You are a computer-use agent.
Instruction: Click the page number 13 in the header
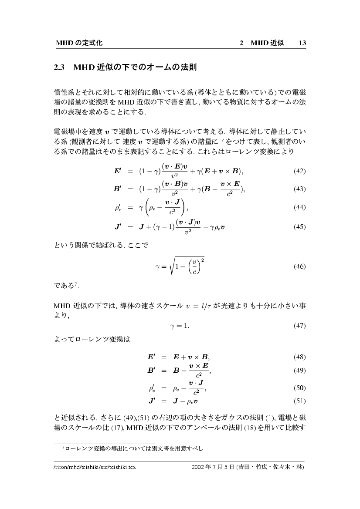[x=302, y=43]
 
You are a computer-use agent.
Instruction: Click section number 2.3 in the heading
[x=59, y=68]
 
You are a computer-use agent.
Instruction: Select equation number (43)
[x=299, y=189]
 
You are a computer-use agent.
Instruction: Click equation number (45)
[x=299, y=227]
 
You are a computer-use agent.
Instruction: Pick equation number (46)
[x=299, y=266]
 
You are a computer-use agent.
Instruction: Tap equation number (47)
[x=299, y=326]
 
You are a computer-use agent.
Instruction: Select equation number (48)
[x=299, y=357]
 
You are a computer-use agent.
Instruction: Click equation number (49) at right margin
[x=299, y=371]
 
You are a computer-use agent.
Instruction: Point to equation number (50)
[x=299, y=388]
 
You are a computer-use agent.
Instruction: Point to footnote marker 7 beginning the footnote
[x=64, y=447]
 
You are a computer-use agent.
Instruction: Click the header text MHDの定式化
[x=79, y=43]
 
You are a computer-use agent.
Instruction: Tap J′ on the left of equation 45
[x=118, y=227]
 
